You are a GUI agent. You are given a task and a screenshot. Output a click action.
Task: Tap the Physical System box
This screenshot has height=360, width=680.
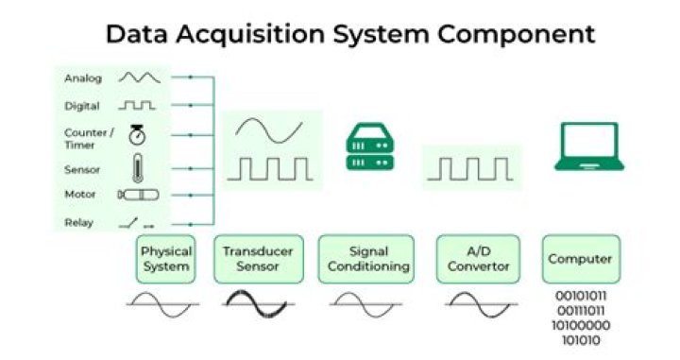pyautogui.click(x=165, y=259)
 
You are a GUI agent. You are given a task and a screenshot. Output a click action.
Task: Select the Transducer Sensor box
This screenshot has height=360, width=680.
pyautogui.click(x=258, y=259)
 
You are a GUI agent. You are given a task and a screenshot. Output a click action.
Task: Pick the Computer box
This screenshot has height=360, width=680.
pyautogui.click(x=581, y=259)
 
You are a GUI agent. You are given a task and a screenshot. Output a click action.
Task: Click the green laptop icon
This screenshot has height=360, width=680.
pyautogui.click(x=586, y=147)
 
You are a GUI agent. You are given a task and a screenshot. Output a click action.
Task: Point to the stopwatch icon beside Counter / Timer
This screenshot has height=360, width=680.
pyautogui.click(x=136, y=134)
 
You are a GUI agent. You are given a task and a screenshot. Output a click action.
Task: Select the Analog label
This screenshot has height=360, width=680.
pyautogui.click(x=83, y=77)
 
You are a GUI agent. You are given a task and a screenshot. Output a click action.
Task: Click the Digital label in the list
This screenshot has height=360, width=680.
pyautogui.click(x=82, y=106)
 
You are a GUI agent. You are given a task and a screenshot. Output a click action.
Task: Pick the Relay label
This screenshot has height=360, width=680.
pyautogui.click(x=78, y=223)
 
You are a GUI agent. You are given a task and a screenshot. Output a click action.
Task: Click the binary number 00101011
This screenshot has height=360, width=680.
pyautogui.click(x=580, y=295)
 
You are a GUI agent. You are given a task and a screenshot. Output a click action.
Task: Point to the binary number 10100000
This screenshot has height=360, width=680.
pyautogui.click(x=580, y=324)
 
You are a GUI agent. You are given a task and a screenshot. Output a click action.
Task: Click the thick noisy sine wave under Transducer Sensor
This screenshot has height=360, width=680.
pyautogui.click(x=258, y=303)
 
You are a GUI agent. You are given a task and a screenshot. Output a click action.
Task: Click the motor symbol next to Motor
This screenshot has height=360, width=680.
pyautogui.click(x=138, y=195)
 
